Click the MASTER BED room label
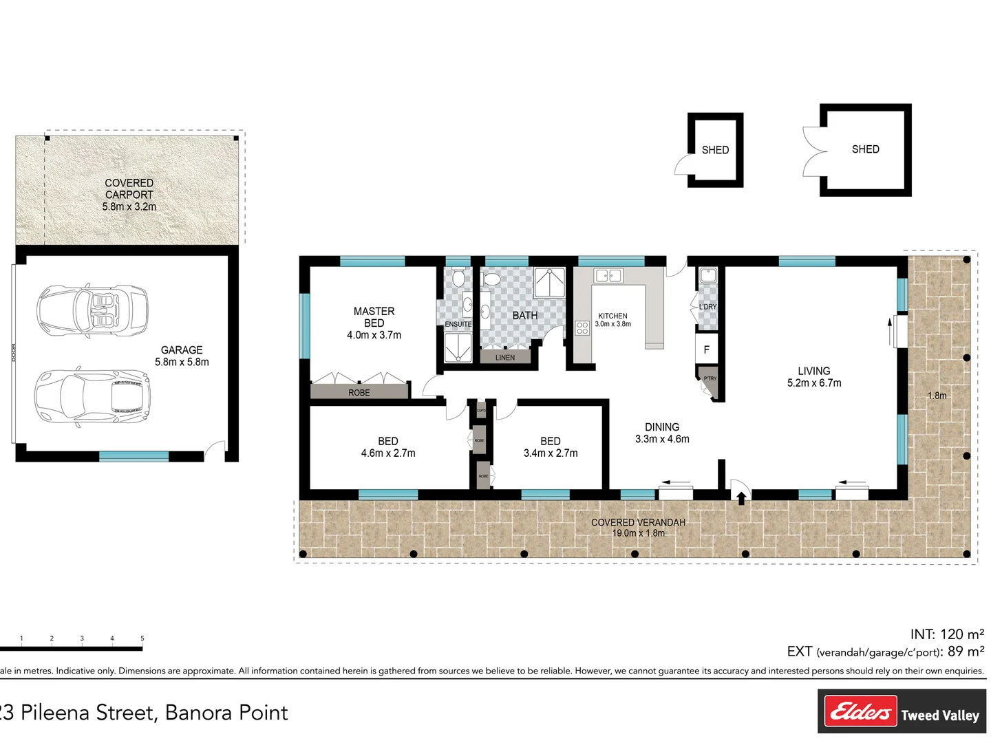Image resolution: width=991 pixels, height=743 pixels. tap(374, 317)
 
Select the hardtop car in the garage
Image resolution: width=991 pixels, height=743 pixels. tap(92, 397)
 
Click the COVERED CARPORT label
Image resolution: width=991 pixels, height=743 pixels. tap(129, 189)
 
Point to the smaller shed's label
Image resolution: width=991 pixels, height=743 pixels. tap(715, 150)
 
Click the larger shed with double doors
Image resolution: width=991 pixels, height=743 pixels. tap(865, 149)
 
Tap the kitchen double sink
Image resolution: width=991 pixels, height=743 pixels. tap(608, 276)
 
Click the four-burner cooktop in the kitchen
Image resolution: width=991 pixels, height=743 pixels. tap(582, 327)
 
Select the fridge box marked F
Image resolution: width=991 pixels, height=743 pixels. tap(706, 350)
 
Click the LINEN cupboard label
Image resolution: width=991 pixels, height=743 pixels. tap(505, 358)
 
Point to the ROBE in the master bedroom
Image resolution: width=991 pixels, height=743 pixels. tap(359, 393)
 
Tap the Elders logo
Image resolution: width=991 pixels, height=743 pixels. tap(861, 711)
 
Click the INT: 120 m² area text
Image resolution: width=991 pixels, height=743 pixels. tap(947, 634)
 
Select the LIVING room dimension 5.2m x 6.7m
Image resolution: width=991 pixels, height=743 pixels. tap(814, 383)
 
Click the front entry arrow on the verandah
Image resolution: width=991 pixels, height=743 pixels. tap(741, 497)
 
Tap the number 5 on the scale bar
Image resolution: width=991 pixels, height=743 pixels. tap(142, 638)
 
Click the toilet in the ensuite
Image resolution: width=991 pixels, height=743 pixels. tap(458, 279)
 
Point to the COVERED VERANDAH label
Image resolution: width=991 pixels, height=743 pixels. tap(638, 523)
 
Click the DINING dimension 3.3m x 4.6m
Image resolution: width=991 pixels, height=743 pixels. tap(662, 439)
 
